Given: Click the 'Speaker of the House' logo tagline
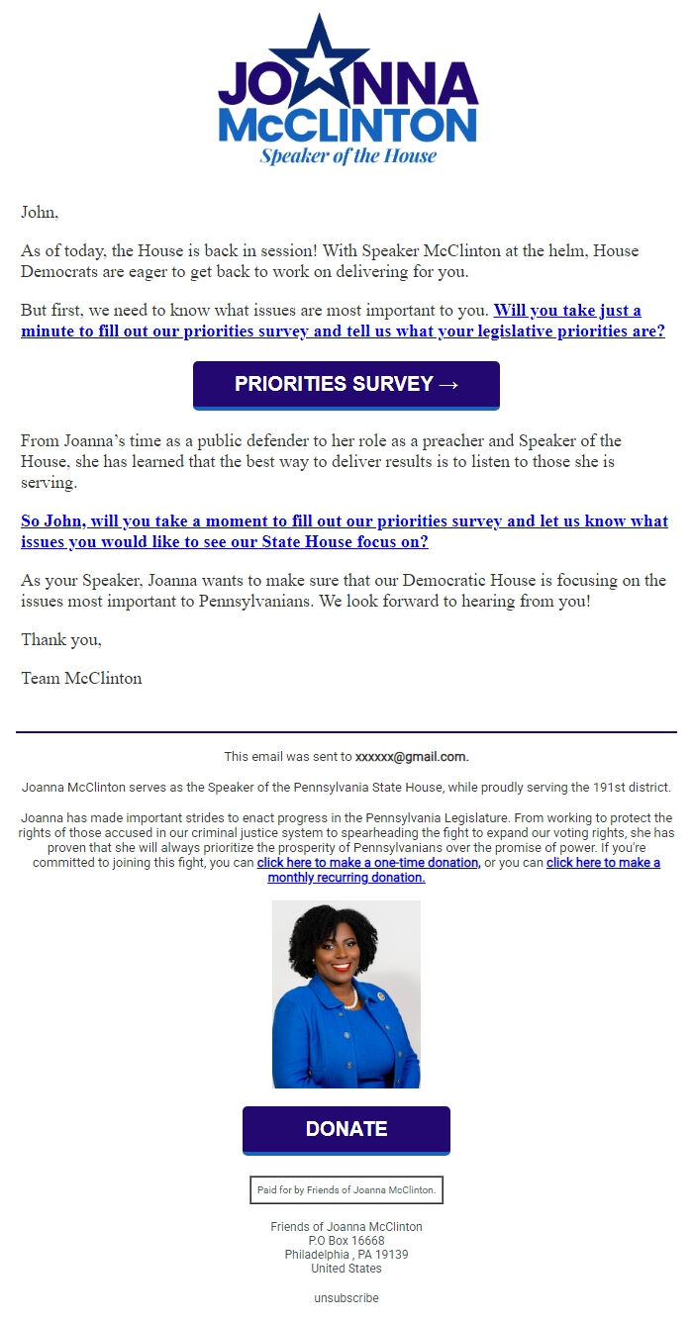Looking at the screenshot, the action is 347,155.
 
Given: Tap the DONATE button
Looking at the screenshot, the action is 346,1129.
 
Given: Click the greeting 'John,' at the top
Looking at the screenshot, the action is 40,212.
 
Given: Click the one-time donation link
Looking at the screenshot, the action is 368,863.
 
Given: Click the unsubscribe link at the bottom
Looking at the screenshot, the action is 346,1297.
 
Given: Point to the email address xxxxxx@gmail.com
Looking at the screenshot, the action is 411,757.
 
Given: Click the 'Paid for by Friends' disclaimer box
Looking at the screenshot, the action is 346,1189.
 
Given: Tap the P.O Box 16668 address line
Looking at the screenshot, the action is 346,1241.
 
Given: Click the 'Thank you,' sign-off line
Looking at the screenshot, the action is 61,640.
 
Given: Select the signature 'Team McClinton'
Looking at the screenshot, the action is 81,679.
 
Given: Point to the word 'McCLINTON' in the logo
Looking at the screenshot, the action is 347,126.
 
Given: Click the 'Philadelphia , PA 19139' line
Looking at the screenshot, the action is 346,1255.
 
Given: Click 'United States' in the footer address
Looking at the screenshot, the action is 346,1269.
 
